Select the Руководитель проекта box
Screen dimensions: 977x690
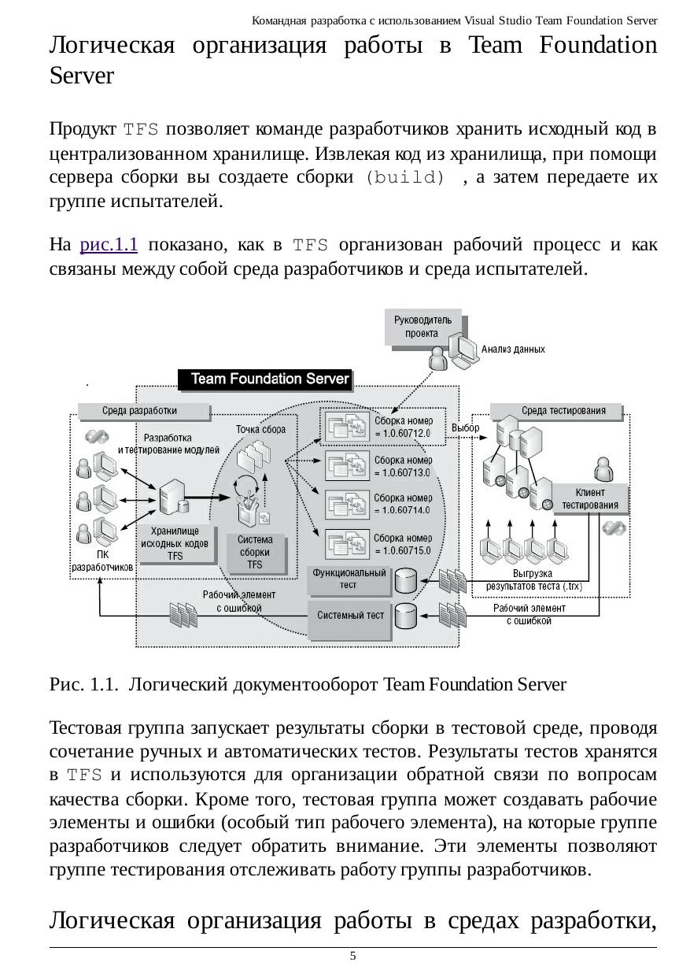(x=422, y=327)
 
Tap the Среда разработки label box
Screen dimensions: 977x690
(x=140, y=411)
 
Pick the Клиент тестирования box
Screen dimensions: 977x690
(x=590, y=499)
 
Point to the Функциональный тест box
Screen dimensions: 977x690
(x=349, y=579)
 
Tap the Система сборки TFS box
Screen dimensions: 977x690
(x=255, y=552)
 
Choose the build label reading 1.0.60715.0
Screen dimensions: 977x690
(x=402, y=544)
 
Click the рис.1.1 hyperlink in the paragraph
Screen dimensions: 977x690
(x=109, y=245)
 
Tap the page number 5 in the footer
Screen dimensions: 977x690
(x=353, y=956)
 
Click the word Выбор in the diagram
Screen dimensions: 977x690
(x=465, y=427)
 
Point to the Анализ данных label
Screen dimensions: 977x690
(x=512, y=349)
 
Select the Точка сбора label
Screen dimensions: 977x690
(x=261, y=429)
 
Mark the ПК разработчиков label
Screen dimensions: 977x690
(x=103, y=560)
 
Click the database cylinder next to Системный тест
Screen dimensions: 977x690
(x=406, y=616)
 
